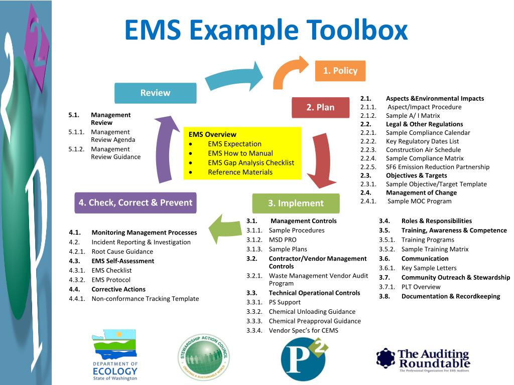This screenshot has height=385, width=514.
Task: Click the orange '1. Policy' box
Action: [340, 71]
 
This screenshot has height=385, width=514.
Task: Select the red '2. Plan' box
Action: [320, 107]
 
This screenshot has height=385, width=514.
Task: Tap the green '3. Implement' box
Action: [296, 203]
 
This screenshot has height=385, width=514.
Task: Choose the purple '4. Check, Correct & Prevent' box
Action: [135, 203]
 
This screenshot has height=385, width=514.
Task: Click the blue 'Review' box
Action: [155, 93]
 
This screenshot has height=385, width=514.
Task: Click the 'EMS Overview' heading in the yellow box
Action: [212, 134]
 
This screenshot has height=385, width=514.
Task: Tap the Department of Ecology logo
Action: [114, 355]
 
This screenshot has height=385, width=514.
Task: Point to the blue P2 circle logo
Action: [304, 359]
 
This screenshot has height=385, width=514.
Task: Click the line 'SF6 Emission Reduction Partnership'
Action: [437, 167]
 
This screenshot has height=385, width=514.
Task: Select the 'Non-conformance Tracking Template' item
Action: [145, 299]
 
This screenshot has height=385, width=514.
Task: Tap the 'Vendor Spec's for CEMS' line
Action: [303, 330]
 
